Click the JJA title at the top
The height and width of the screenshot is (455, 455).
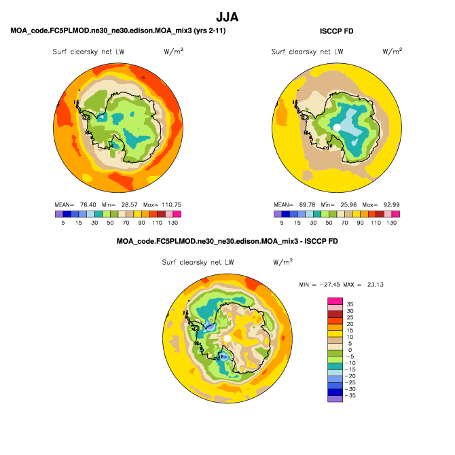(227, 17)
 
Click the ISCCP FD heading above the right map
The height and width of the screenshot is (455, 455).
(337, 31)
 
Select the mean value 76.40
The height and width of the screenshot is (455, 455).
(88, 204)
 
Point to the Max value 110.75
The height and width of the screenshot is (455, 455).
(172, 204)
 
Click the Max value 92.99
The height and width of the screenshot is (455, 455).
(391, 204)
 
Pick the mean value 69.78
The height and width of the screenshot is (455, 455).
(307, 204)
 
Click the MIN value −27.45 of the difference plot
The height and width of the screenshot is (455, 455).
(330, 285)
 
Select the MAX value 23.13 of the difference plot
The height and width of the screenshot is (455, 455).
(375, 285)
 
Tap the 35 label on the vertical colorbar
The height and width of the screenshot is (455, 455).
(350, 304)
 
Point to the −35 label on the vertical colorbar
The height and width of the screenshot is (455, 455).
(350, 395)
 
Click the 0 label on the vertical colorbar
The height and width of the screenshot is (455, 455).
(350, 350)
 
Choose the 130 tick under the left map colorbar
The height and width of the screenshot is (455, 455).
(173, 223)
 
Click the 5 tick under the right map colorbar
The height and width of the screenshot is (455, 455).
(281, 223)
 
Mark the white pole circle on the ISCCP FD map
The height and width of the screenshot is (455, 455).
(337, 128)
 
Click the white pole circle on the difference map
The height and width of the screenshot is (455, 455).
(227, 338)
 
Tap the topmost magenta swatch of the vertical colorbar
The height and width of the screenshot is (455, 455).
(335, 301)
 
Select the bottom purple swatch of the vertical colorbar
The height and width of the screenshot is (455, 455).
(335, 399)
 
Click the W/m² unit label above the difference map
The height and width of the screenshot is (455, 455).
(283, 262)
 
